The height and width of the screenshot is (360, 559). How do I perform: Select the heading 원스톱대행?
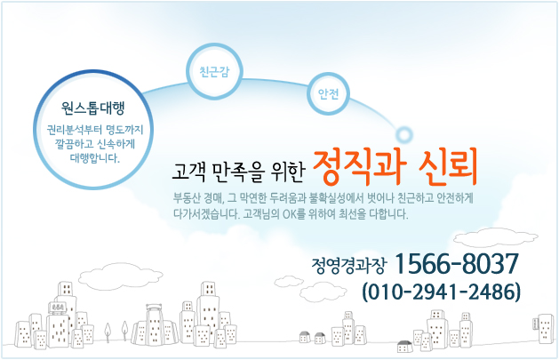pos(93,108)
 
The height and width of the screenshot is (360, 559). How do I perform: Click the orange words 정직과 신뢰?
pos(395,167)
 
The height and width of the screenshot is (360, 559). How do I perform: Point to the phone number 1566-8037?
pos(457,264)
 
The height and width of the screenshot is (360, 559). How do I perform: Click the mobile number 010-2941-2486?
pos(442,292)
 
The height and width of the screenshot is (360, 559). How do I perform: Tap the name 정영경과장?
pos(348,266)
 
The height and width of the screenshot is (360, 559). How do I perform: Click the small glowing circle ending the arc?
pos(404,135)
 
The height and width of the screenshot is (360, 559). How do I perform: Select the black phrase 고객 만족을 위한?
pos(238,172)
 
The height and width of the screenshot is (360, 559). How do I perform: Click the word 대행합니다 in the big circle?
pos(94,158)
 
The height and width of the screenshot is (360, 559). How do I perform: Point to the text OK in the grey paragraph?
pos(289,214)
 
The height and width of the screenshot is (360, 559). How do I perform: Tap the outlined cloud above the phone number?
pos(496,237)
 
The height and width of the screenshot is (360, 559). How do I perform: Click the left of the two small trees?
pos(108,332)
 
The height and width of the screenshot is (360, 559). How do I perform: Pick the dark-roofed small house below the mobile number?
pos(405,347)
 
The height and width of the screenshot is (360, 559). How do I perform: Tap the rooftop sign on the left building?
pos(56,308)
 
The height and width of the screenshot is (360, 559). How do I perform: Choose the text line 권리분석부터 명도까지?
pos(95,130)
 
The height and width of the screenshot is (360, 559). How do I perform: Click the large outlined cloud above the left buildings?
pos(121,276)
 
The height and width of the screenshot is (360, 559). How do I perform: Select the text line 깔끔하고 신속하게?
pos(95,144)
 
